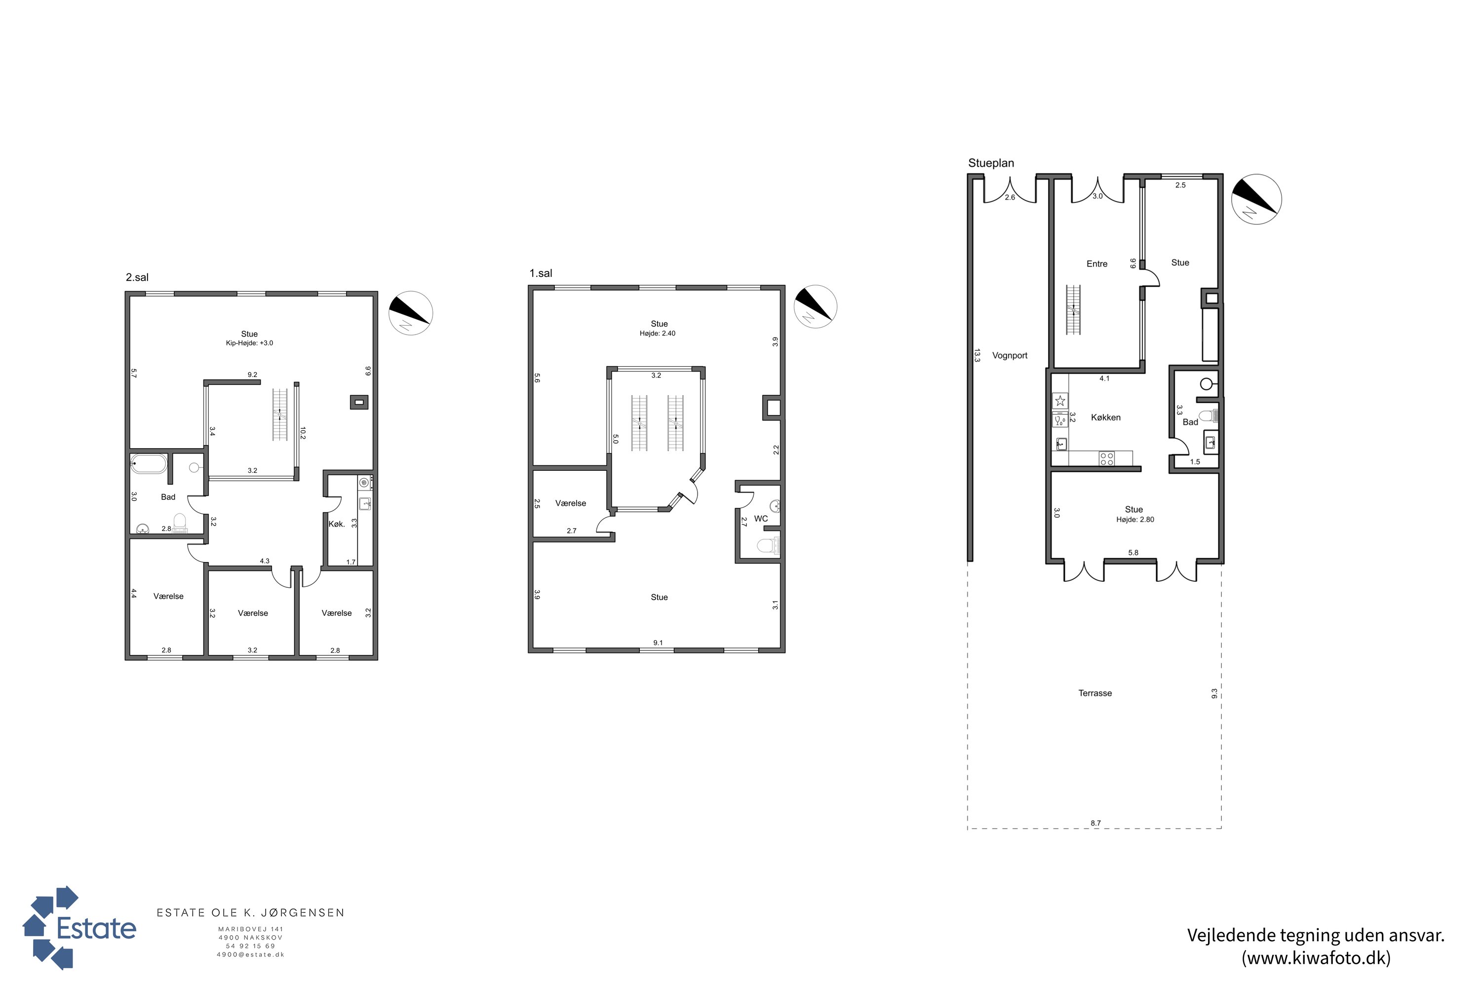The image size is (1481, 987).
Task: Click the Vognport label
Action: coord(1010,356)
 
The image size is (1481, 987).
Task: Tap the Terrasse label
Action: coord(1095,693)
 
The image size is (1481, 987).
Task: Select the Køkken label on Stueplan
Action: coord(1106,418)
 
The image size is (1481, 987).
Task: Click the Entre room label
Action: coord(1097,264)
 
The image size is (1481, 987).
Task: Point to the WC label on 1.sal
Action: coord(761,519)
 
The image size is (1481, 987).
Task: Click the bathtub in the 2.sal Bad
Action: coord(149,464)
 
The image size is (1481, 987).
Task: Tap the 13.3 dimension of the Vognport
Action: coord(976,356)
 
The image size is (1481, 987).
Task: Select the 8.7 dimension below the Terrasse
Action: coord(1095,823)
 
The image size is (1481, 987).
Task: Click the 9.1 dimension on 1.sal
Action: coord(658,643)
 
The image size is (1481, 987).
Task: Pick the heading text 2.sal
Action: coord(137,277)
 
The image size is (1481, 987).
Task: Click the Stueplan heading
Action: coord(991,163)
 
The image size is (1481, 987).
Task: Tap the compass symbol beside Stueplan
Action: coord(1256,199)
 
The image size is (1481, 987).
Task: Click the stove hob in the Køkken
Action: coord(1106,458)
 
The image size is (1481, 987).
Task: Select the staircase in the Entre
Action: coord(1073,310)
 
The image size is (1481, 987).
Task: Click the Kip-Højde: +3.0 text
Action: coord(249,343)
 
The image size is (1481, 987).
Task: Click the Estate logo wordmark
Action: coord(96,928)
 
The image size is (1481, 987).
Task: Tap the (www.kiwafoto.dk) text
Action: coord(1316,958)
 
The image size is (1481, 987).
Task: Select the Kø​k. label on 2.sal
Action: coord(337,524)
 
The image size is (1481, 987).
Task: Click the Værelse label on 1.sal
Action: coord(571,503)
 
